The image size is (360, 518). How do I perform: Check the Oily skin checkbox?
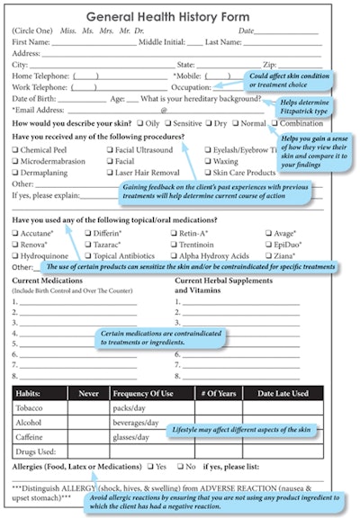pos(141,123)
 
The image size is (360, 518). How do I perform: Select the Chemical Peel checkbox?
pos(16,150)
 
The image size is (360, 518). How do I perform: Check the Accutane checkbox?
pos(16,233)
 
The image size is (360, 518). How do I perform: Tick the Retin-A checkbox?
pos(172,233)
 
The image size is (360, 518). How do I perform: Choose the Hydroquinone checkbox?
pos(16,255)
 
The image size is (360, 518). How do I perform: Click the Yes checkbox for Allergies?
pos(150,467)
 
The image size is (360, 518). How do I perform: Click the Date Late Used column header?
pos(283,394)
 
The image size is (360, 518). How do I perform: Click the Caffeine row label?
pos(32,436)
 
